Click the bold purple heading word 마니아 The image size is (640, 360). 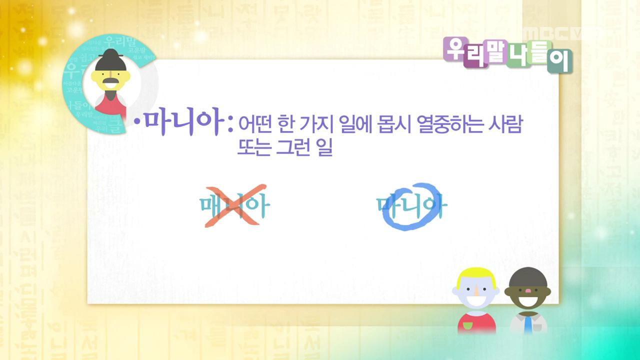point(182,123)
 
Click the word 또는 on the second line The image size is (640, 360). point(252,147)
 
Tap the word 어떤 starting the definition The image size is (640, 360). point(253,125)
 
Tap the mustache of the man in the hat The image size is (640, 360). point(111,81)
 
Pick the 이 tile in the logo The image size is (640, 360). point(559,60)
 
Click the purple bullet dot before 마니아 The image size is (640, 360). point(136,122)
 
